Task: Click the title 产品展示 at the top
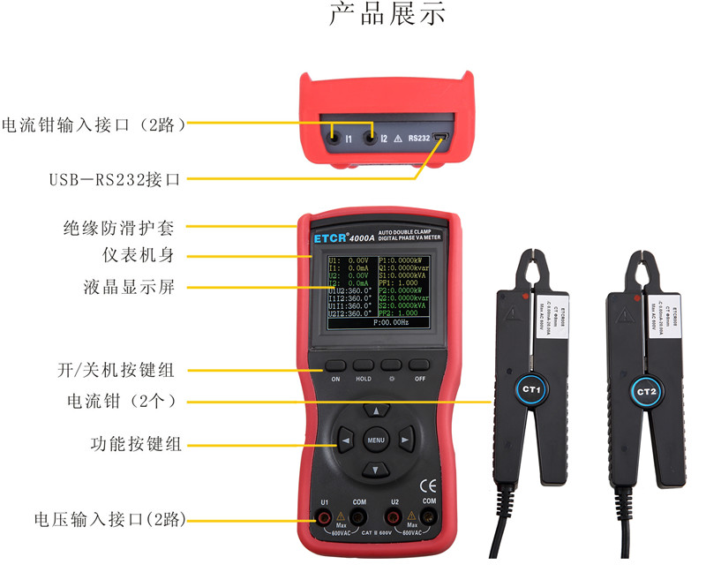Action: (x=388, y=15)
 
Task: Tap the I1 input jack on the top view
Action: (x=334, y=135)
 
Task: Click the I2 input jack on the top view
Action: (x=369, y=135)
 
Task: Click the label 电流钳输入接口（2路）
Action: (x=95, y=124)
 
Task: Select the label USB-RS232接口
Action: (x=114, y=179)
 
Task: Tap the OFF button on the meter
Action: (x=419, y=365)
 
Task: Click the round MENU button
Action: (x=376, y=440)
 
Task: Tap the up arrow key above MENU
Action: (x=377, y=411)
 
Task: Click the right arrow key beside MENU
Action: (x=404, y=440)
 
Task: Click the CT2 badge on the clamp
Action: (x=646, y=389)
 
